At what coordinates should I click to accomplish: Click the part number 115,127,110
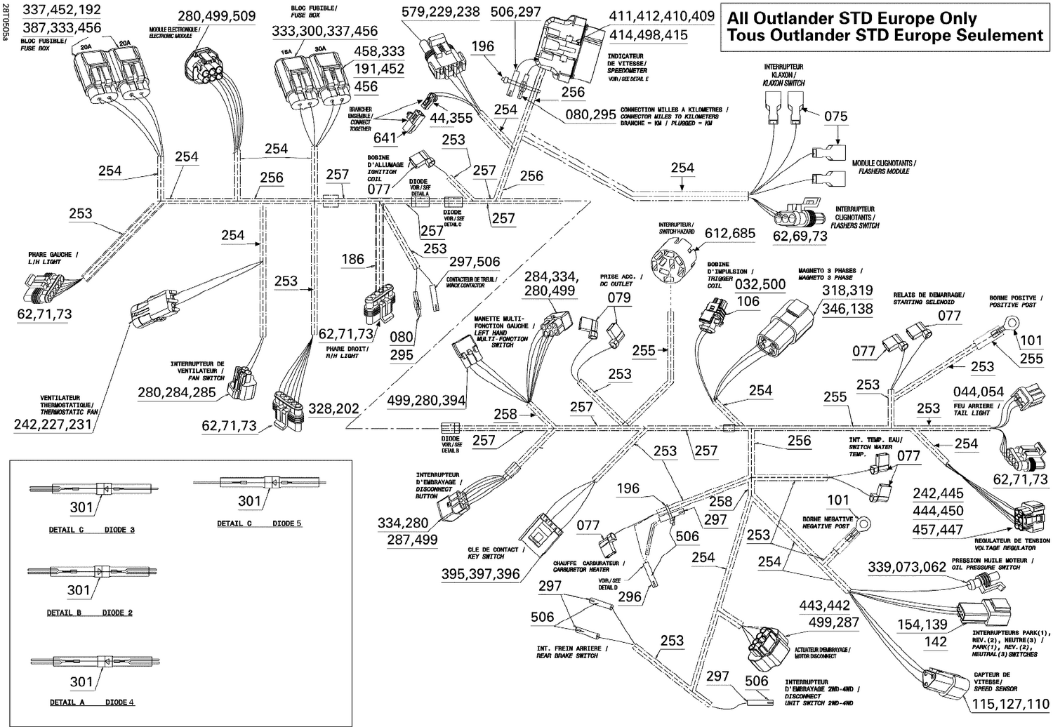1010,705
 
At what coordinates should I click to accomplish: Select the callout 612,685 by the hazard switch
730,233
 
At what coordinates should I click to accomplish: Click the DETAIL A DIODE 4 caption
92,702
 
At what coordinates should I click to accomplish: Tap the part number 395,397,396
481,574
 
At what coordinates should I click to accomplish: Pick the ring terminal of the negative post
862,523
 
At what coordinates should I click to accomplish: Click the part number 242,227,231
53,424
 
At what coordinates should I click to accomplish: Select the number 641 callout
385,138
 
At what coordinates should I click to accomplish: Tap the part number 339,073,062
907,567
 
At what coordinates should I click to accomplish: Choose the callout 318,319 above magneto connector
847,291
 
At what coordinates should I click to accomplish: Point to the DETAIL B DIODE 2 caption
90,613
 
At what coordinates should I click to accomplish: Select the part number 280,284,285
177,392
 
